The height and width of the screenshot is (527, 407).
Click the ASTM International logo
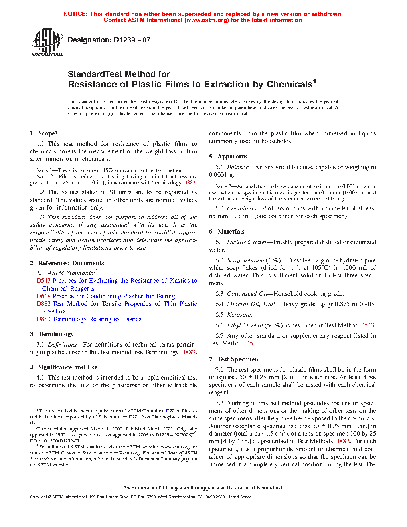tap(47, 42)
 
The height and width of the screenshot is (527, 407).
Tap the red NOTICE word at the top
tap(75, 14)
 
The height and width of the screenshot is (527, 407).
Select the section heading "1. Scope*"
tap(43, 133)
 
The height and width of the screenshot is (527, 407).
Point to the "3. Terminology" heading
tap(52, 334)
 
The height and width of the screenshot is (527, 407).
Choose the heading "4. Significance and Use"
tap(63, 367)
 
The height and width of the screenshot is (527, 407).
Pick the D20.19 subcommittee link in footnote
tap(136, 417)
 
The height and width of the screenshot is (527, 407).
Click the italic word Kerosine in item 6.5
tap(239, 315)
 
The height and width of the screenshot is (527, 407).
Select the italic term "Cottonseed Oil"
tap(247, 294)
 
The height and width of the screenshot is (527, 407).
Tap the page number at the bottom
tap(203, 507)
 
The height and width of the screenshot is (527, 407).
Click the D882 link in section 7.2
tap(342, 441)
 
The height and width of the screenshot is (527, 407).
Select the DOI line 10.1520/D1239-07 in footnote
tap(55, 441)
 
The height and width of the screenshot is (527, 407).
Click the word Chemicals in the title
tap(289, 85)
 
